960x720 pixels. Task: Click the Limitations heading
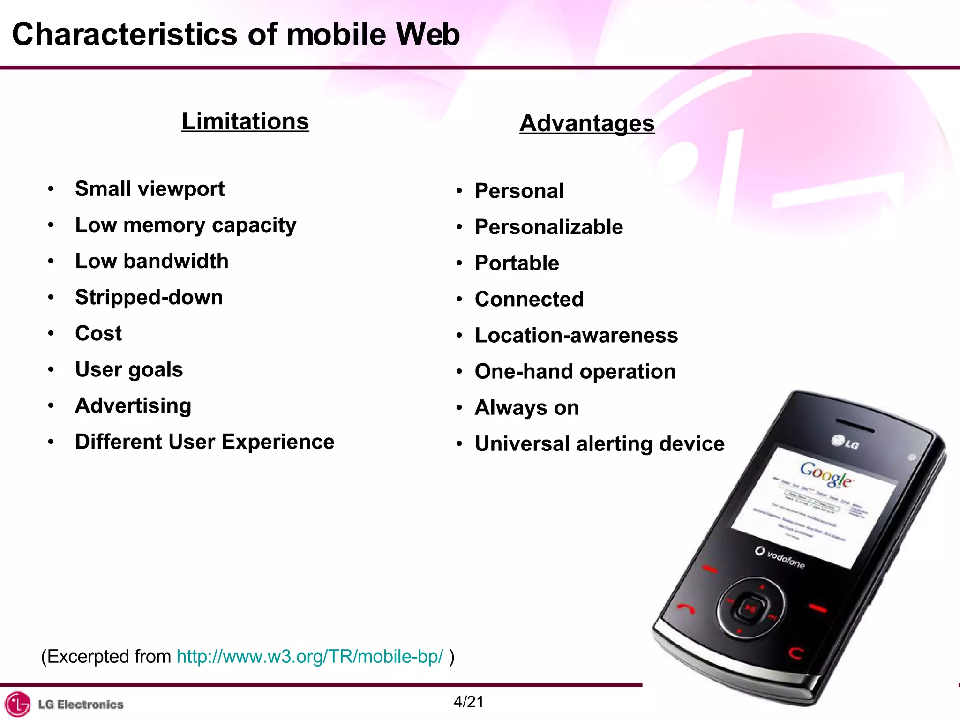point(245,121)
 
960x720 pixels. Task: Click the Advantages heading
point(587,123)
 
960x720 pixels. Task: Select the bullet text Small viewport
point(150,189)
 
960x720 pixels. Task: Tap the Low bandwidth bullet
point(152,261)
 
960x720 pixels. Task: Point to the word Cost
point(98,333)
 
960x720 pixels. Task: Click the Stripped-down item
point(149,297)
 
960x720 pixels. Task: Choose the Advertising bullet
point(133,405)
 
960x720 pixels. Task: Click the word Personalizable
point(549,227)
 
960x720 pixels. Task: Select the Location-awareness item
point(576,335)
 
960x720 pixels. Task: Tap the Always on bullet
point(527,407)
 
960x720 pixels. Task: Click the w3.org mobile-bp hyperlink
point(309,656)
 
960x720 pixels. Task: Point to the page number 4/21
point(468,702)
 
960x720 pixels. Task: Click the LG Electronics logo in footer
point(64,704)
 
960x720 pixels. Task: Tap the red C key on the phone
point(795,652)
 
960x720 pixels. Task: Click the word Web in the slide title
point(427,34)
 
